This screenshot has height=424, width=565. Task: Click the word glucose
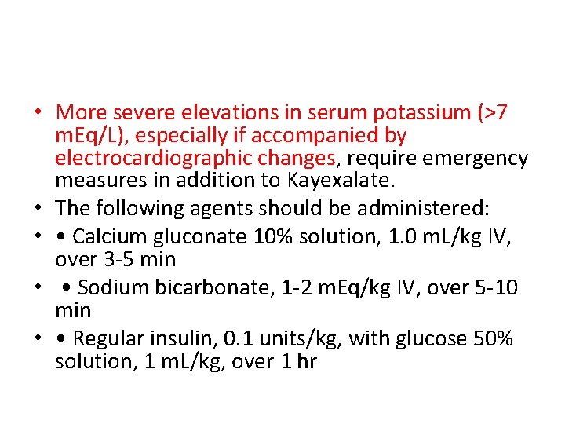429,339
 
